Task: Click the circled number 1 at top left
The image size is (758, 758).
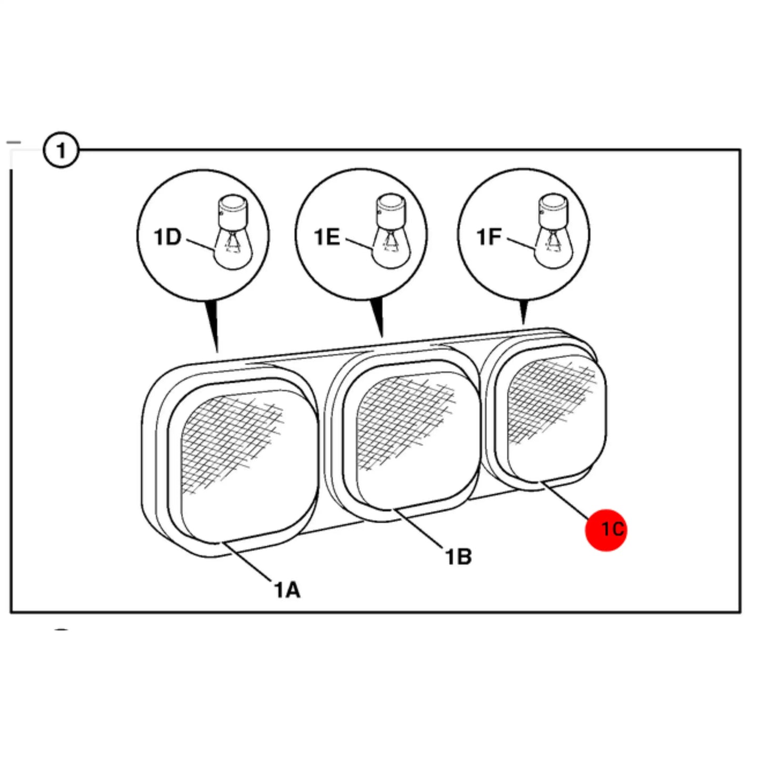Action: tap(61, 150)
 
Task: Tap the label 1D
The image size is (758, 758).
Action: tap(167, 237)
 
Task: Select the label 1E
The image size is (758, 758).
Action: tap(327, 237)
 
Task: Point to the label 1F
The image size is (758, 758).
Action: tap(490, 237)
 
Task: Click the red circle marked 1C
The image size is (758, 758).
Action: tap(606, 530)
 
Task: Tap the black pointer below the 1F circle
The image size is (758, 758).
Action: tap(523, 312)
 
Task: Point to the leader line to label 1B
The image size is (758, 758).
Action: tap(419, 528)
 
